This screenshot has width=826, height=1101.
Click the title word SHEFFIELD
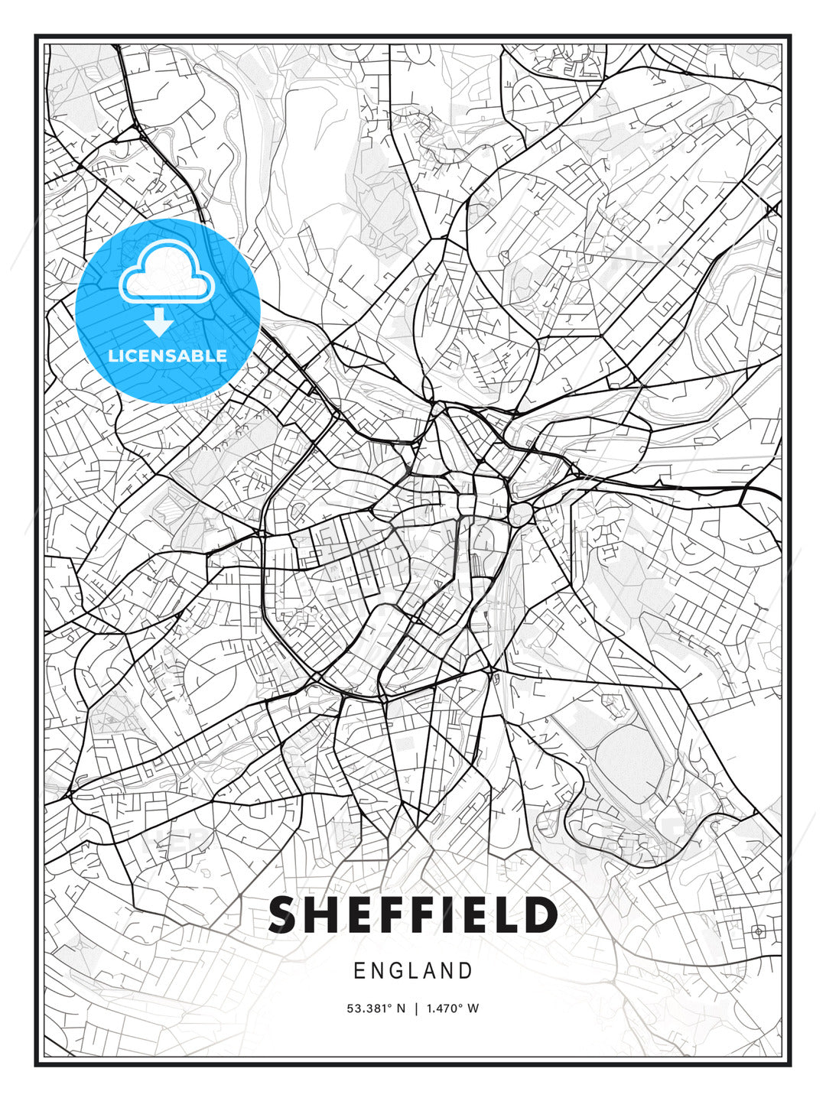click(413, 914)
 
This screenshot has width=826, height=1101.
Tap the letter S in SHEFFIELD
click(282, 914)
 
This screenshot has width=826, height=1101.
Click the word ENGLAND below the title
click(413, 971)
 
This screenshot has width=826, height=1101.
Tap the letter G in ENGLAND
click(399, 971)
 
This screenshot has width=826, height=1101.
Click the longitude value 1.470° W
click(452, 1008)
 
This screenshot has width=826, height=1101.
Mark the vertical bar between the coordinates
click(416, 1008)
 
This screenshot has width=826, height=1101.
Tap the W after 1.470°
click(474, 1008)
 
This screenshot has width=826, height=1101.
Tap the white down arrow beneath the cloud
click(158, 323)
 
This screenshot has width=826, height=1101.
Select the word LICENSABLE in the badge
click(167, 356)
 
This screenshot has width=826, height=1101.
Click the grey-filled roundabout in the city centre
click(521, 514)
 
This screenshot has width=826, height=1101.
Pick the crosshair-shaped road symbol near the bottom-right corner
click(758, 931)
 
